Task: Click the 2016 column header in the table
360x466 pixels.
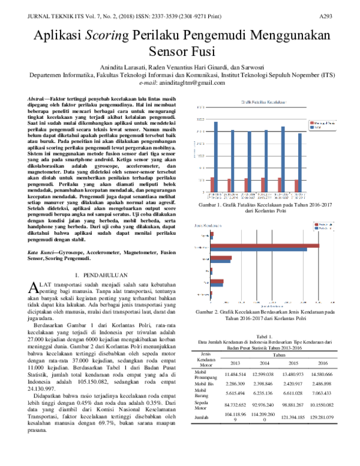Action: pos(322,363)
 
